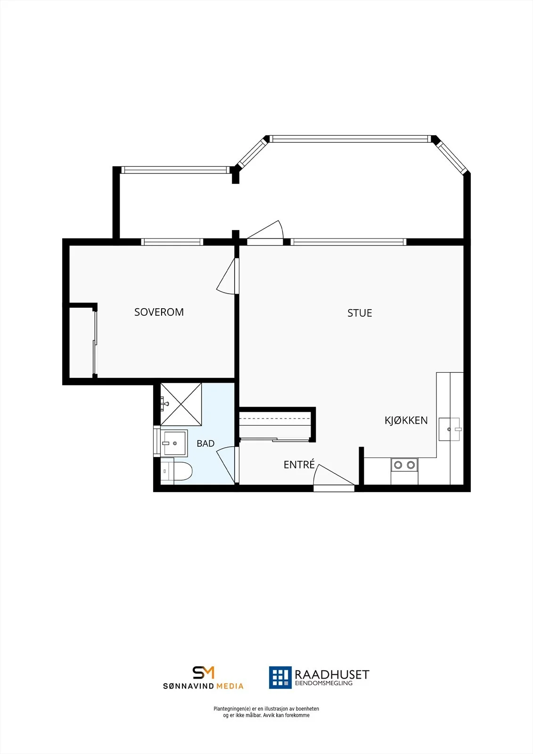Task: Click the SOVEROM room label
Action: (159, 312)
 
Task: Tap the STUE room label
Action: (360, 313)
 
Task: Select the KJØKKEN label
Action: (406, 420)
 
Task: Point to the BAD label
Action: (205, 443)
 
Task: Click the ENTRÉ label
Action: (299, 465)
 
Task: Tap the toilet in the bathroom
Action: (176, 471)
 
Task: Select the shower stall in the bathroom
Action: (181, 404)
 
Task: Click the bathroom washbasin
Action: (174, 443)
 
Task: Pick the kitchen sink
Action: (449, 429)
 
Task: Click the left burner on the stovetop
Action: (398, 465)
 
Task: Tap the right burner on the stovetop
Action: (410, 465)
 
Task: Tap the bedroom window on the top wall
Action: (172, 242)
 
